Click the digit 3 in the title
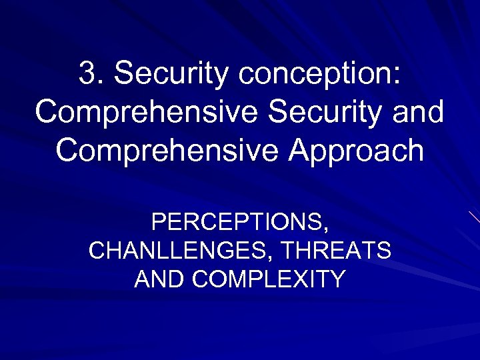(87, 74)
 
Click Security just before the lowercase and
(337, 113)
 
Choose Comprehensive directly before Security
(147, 113)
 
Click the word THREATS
(336, 251)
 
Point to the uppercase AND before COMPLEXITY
(160, 278)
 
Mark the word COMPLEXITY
(268, 278)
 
